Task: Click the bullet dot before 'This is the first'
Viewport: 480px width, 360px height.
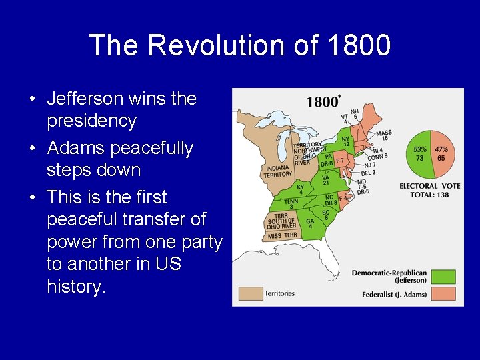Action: [32, 197]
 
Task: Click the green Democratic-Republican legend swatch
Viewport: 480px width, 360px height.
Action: [442, 276]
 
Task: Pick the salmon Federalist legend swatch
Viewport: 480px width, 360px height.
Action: [442, 293]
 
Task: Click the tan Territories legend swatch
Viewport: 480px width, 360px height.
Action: [251, 293]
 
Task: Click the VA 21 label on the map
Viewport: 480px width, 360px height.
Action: [326, 181]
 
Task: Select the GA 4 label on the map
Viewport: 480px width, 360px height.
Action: [309, 223]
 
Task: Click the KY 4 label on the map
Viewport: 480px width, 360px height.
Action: [300, 190]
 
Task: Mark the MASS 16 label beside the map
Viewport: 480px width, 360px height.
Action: [384, 135]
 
